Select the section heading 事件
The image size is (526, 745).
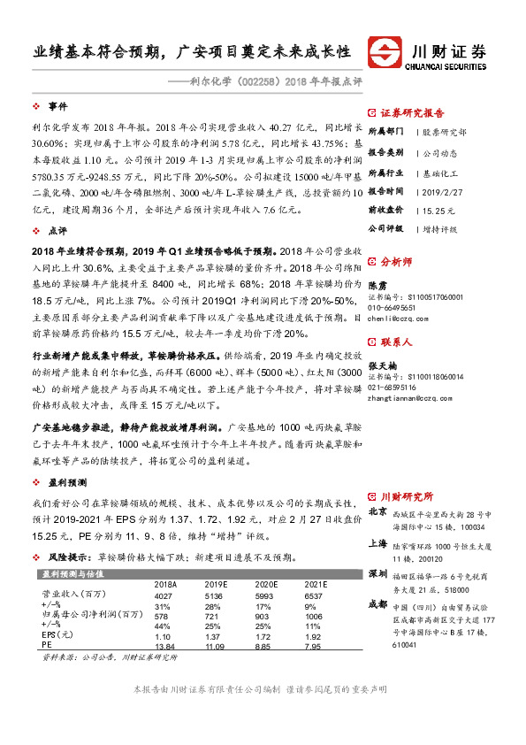coord(57,105)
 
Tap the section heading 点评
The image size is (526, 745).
coord(57,229)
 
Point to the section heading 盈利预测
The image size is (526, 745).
coord(67,483)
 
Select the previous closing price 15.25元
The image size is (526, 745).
coord(438,211)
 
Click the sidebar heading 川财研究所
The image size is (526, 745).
coord(408,495)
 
